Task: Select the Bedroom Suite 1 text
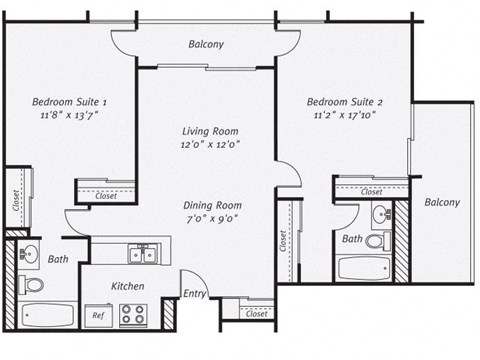coord(69,102)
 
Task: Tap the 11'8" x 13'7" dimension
coord(69,116)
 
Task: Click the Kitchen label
coord(128,286)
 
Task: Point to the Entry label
coord(195,294)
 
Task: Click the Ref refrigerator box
coord(98,315)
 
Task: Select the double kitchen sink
coord(145,253)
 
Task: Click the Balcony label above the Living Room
coord(206,44)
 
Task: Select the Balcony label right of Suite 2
coord(441,202)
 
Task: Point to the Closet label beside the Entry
coord(256,314)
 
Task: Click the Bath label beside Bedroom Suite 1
coord(57,260)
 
